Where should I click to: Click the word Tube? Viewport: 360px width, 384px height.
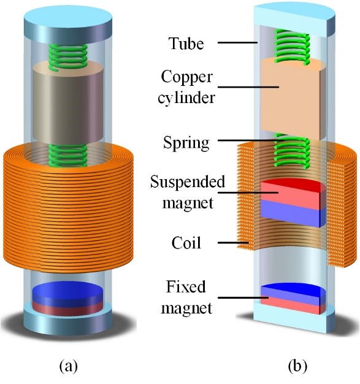click(x=186, y=44)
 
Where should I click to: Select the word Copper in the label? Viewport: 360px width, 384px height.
click(x=186, y=78)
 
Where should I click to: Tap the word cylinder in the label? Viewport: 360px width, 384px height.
click(x=186, y=98)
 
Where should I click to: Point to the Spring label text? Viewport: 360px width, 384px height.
click(x=186, y=144)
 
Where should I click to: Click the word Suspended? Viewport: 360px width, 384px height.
click(x=188, y=182)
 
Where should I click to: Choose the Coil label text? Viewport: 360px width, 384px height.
click(x=186, y=243)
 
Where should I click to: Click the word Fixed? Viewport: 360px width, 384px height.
click(x=186, y=286)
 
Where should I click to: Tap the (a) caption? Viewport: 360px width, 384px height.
click(x=69, y=366)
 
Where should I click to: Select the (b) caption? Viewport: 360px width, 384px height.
click(x=297, y=366)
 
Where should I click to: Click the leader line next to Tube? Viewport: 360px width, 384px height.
click(x=237, y=42)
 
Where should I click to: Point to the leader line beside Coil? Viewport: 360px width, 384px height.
click(x=234, y=243)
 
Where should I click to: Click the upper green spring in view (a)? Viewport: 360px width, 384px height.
click(x=68, y=57)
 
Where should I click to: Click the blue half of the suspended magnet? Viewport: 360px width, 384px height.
click(x=293, y=213)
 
